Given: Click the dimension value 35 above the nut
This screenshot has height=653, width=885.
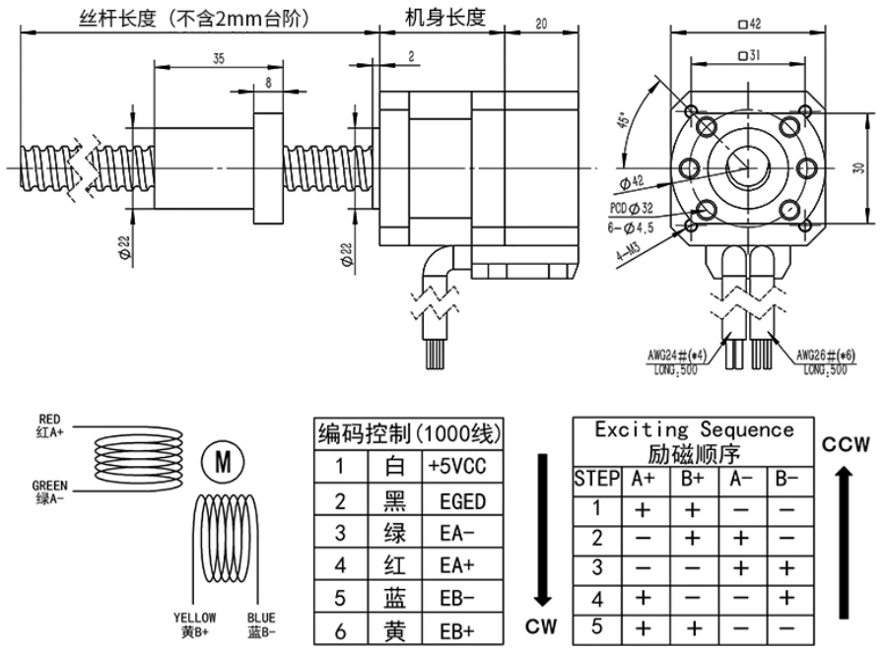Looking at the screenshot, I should pos(218,59).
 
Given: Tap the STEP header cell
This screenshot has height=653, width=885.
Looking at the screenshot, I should pos(595,480).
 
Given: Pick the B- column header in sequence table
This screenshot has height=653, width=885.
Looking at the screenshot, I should pos(786,480).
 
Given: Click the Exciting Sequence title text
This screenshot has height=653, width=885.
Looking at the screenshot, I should pos(694,430).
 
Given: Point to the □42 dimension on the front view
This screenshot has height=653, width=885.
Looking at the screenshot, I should pos(749,25).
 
